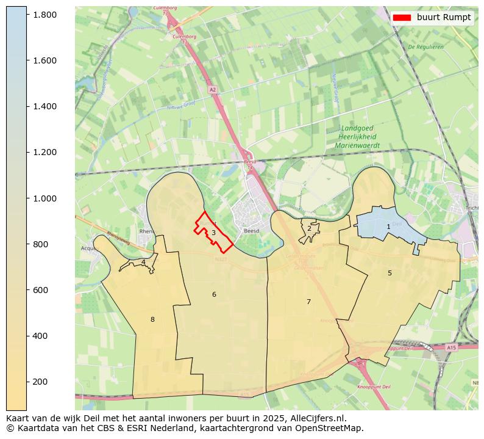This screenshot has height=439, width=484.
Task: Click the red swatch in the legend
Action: pyautogui.click(x=402, y=18)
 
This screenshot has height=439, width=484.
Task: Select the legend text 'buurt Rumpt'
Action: pyautogui.click(x=444, y=18)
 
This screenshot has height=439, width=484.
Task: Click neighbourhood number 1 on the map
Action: pyautogui.click(x=388, y=227)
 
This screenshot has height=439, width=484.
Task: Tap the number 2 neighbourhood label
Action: pyautogui.click(x=309, y=228)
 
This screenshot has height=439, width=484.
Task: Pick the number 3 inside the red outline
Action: pyautogui.click(x=213, y=233)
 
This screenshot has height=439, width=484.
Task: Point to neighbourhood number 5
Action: pyautogui.click(x=390, y=273)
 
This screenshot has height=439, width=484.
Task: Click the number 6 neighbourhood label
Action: pyautogui.click(x=214, y=294)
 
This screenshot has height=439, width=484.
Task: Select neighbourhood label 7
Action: pyautogui.click(x=308, y=302)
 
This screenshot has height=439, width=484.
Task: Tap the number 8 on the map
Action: pyautogui.click(x=152, y=319)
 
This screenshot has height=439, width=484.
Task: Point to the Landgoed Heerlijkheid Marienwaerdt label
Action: pyautogui.click(x=357, y=137)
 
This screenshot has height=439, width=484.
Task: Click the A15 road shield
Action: pyautogui.click(x=451, y=347)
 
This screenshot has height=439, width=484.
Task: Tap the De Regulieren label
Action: pyautogui.click(x=425, y=46)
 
